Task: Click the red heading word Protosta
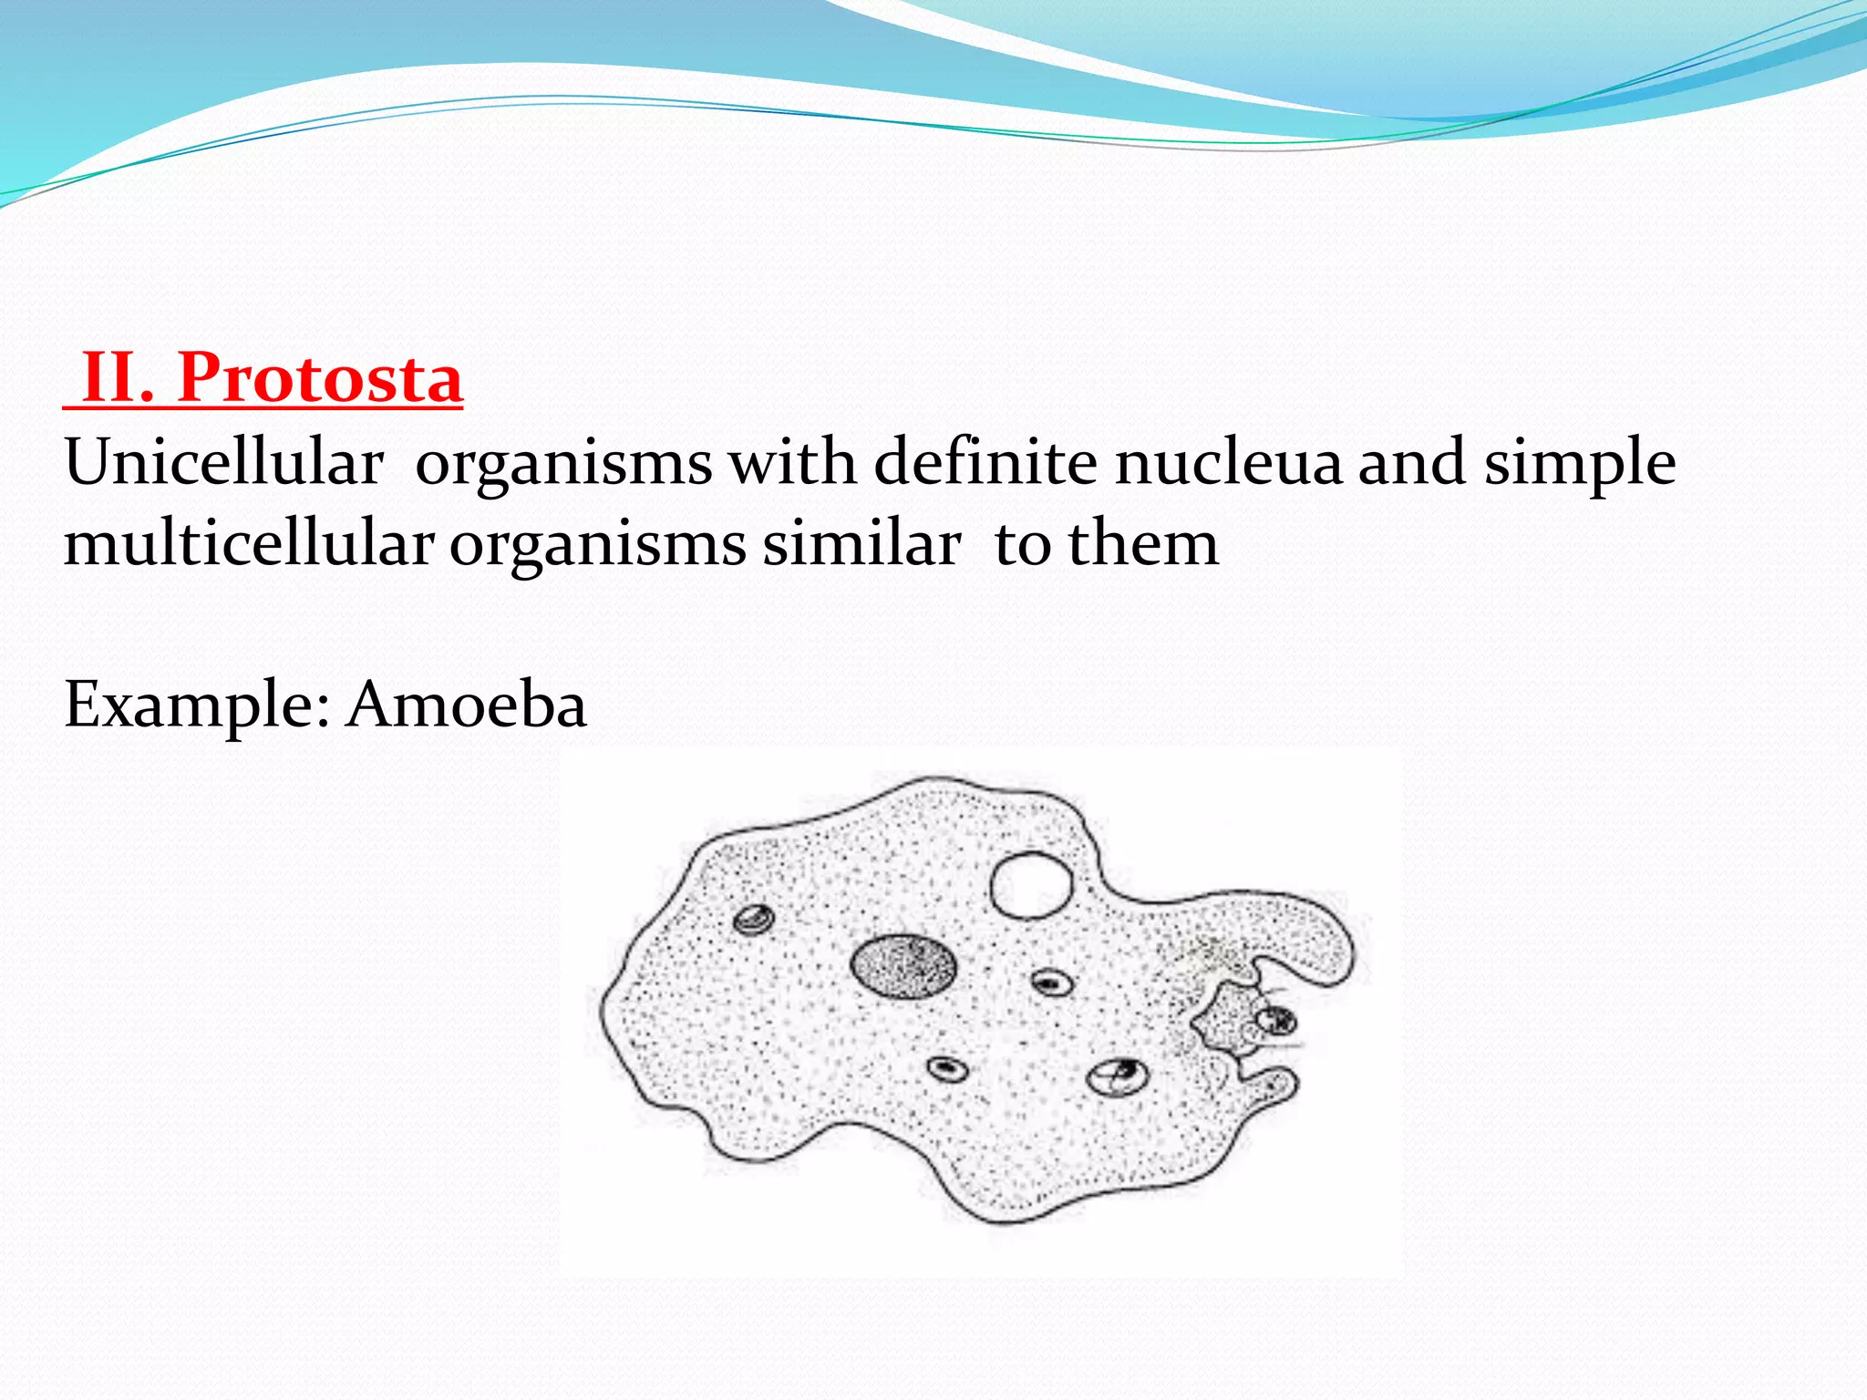[x=320, y=377]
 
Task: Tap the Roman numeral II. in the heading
[x=118, y=377]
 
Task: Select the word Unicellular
[x=223, y=463]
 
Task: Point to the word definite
[x=985, y=461]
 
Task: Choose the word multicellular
[x=248, y=543]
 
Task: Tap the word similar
[x=861, y=543]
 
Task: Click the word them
[x=1143, y=543]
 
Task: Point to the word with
[x=792, y=461]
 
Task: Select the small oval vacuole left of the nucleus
[x=754, y=920]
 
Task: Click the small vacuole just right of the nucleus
[x=1052, y=983]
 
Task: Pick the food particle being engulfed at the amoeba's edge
[x=1274, y=1020]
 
